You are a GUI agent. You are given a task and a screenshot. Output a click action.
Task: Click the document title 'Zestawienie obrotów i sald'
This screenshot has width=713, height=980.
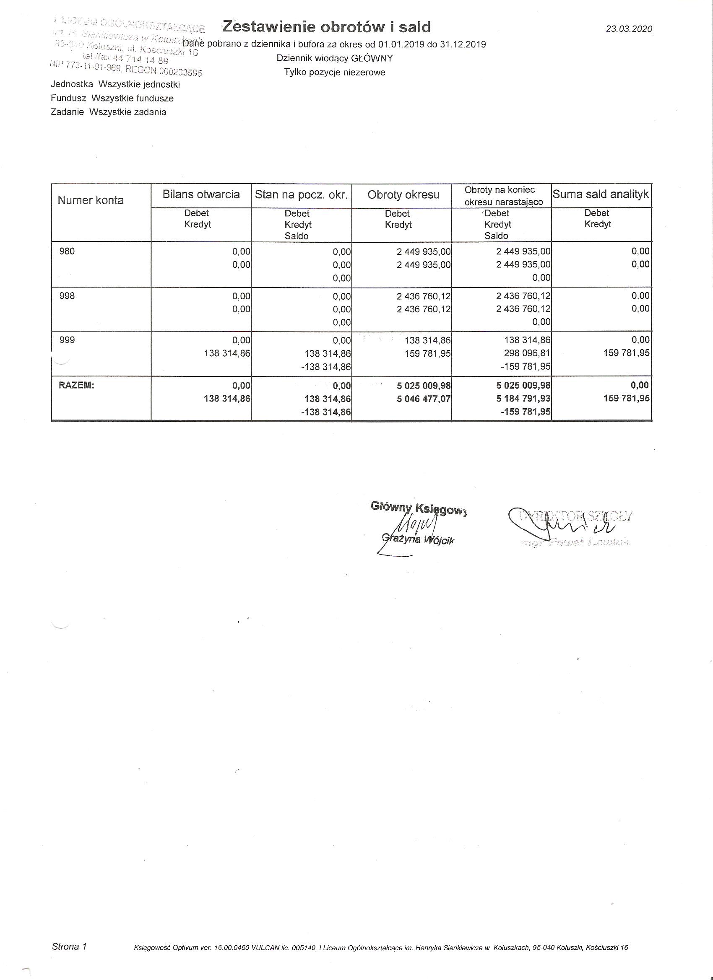[x=326, y=27]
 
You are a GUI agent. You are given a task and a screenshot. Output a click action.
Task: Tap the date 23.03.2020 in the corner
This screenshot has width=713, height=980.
[x=629, y=29]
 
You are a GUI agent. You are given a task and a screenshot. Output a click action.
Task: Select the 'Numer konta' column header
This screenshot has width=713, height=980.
[x=90, y=200]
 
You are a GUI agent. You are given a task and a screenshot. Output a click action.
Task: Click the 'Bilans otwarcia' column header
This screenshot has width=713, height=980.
[x=201, y=194]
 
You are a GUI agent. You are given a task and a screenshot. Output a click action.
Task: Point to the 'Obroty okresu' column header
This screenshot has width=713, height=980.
[x=403, y=195]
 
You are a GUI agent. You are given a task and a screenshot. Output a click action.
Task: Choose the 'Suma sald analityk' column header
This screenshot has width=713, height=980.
[x=601, y=194]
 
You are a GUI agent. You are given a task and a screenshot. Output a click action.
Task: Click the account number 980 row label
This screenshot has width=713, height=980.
[x=67, y=251]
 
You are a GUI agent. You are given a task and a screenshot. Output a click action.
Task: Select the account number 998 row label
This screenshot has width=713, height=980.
[x=67, y=296]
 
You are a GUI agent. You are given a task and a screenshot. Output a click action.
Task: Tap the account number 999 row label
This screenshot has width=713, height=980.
[x=67, y=340]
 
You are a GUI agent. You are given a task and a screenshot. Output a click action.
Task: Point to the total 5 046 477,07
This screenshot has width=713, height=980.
[x=423, y=398]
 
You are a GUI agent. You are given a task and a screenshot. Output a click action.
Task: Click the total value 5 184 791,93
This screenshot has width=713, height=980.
[x=523, y=398]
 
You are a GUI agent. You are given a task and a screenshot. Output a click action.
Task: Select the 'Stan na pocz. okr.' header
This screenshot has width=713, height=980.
[x=301, y=195]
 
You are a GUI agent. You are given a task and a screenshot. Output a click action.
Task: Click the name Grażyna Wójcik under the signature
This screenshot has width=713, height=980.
[x=419, y=540]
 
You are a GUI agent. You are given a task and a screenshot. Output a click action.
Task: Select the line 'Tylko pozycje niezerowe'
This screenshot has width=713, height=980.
[x=334, y=73]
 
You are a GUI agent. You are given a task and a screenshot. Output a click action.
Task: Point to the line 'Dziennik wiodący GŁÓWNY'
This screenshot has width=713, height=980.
[x=334, y=58]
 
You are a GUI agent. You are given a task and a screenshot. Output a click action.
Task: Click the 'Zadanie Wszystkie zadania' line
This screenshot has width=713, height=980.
[x=108, y=112]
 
